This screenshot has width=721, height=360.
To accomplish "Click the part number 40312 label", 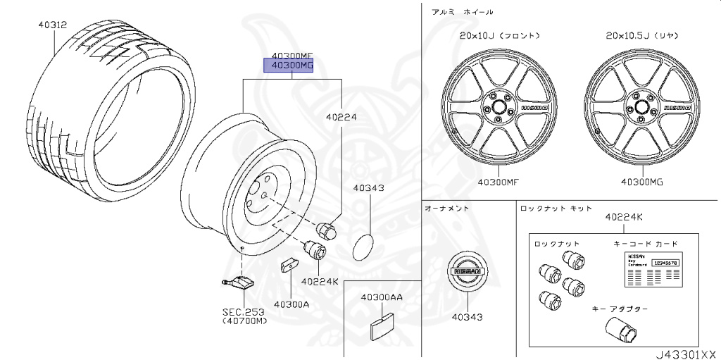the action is click(x=52, y=25).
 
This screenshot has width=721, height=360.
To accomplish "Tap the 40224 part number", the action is click(x=341, y=118).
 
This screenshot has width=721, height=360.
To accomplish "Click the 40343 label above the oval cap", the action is click(x=368, y=188).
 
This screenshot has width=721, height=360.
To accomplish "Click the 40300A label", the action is click(x=291, y=304).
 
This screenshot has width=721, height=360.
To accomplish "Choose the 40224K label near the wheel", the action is click(x=320, y=282).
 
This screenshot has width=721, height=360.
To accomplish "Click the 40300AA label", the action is click(x=382, y=297).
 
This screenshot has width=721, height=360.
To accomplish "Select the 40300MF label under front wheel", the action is click(x=499, y=182).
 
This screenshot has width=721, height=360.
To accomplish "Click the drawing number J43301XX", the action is click(x=685, y=353).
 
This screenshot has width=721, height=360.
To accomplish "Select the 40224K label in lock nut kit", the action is click(x=623, y=218).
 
